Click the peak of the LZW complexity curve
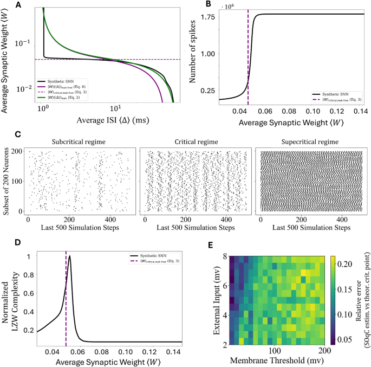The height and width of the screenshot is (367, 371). pos(69,257)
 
